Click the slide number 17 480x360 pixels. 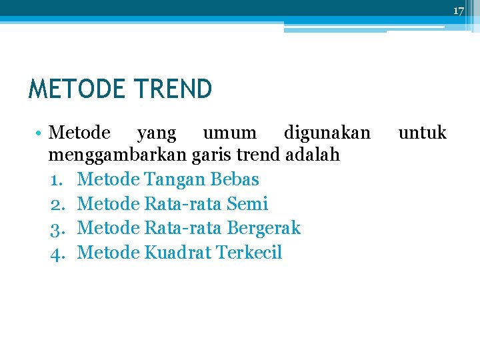(x=459, y=11)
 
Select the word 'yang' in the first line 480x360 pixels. (x=157, y=133)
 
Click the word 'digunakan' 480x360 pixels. (x=327, y=133)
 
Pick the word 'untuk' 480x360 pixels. (x=422, y=133)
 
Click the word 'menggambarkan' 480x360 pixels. (x=117, y=155)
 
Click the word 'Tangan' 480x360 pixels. (x=175, y=179)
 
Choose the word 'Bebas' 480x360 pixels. (x=234, y=179)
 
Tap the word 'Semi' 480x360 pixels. (x=247, y=204)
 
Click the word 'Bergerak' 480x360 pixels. (x=264, y=228)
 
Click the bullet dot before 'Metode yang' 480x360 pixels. (x=41, y=134)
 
